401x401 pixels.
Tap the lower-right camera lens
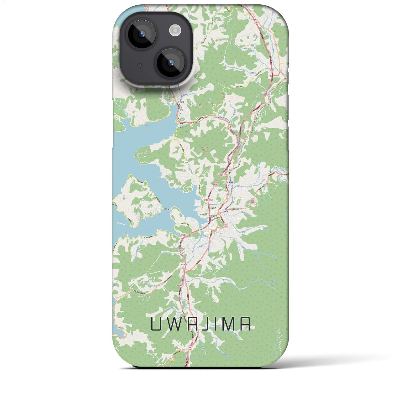171,62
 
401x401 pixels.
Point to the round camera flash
175,30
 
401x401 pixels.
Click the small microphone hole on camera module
140,65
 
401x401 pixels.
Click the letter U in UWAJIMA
156,324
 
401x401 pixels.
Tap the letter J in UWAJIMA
209,324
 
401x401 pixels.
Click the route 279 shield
196,49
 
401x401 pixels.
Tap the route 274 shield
186,162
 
